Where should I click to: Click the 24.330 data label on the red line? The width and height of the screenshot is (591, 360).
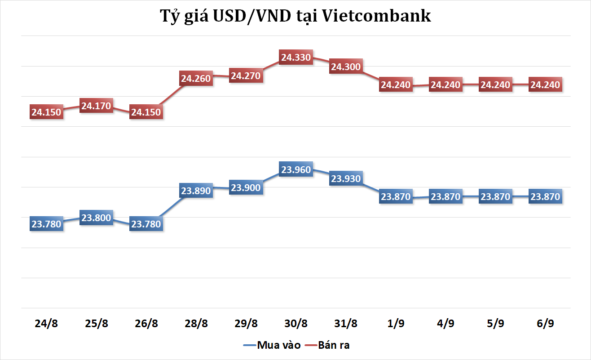coord(295,58)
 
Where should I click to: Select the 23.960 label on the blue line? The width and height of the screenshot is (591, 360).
coord(295,170)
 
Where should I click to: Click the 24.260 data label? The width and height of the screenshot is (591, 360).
coord(196,78)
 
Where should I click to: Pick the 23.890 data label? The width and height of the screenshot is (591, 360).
coord(196,191)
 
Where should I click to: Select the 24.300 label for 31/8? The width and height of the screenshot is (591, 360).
coord(345,67)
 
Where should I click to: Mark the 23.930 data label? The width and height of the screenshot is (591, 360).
coord(345,178)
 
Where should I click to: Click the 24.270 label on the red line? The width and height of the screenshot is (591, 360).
coord(246,76)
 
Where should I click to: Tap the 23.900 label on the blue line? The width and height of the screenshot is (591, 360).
coord(246,187)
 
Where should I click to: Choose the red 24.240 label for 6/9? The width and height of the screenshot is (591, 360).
coord(545,84)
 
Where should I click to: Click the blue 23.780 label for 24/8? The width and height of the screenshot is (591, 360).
coord(47,223)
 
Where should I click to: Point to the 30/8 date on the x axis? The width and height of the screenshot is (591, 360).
coord(295,323)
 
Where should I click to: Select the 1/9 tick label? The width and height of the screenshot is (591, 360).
coord(395,323)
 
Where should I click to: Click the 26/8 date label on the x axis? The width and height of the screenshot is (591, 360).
coord(146,323)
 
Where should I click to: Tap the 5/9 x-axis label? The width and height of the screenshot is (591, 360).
coord(495,323)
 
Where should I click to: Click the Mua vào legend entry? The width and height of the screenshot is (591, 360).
coord(278,345)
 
